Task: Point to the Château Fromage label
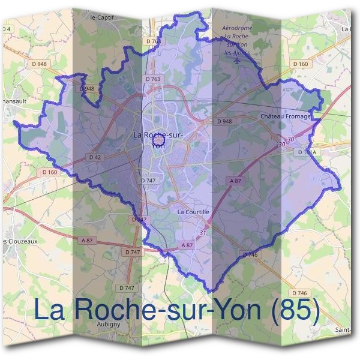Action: click(286, 116)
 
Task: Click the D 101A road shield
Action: click(306, 152)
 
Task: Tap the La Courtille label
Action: click(193, 212)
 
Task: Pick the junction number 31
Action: click(203, 232)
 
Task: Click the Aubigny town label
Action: click(109, 324)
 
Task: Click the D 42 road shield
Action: click(95, 157)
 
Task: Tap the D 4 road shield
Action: click(7, 29)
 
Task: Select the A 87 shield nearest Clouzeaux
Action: click(87, 241)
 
